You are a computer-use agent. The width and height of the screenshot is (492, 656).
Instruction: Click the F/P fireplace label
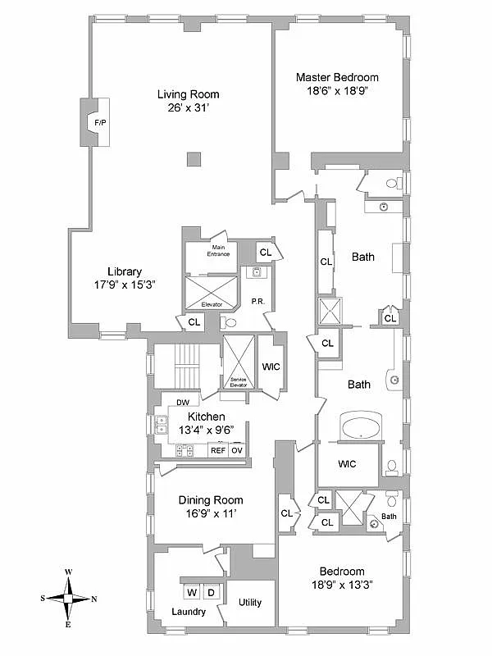point(100,123)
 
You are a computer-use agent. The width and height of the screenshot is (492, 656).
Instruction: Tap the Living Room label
point(189,94)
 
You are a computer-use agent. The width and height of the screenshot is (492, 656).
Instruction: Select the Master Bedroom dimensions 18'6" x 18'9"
point(337,92)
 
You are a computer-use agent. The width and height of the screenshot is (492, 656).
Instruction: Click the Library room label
point(125,271)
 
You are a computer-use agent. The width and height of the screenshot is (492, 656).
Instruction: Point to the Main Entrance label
point(219,250)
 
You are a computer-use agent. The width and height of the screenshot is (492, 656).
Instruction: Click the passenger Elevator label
point(212,303)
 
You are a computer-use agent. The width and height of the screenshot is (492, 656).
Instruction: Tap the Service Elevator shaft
point(239,361)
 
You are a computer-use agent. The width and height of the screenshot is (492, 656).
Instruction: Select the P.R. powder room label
point(257,302)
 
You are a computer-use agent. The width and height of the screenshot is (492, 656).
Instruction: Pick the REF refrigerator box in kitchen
point(218,450)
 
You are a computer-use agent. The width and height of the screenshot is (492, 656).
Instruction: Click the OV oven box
point(237,450)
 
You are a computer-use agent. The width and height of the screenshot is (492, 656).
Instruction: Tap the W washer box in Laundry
point(190,592)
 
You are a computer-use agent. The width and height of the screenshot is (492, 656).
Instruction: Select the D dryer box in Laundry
point(210,592)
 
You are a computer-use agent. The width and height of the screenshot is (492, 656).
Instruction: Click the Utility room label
point(250,603)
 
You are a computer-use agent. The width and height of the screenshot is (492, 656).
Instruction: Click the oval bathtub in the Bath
point(358,428)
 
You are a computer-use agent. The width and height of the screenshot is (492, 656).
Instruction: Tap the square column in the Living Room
point(193,158)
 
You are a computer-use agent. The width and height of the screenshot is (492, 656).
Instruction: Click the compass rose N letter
point(94,599)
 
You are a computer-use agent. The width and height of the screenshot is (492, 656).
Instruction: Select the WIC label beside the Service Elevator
point(271,367)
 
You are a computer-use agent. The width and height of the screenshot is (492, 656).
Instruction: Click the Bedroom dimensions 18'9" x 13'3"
point(342,585)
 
